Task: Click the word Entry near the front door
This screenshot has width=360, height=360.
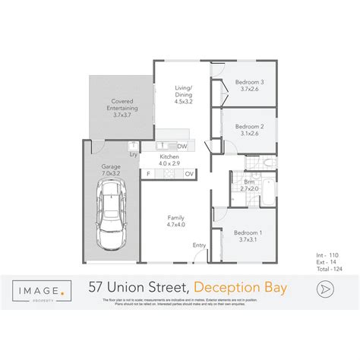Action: [199, 245]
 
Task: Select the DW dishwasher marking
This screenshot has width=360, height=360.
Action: [182, 145]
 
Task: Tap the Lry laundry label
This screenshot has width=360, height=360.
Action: [134, 155]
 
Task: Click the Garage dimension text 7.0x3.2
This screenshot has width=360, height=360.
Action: [112, 173]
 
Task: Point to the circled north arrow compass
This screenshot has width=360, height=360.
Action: [326, 288]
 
